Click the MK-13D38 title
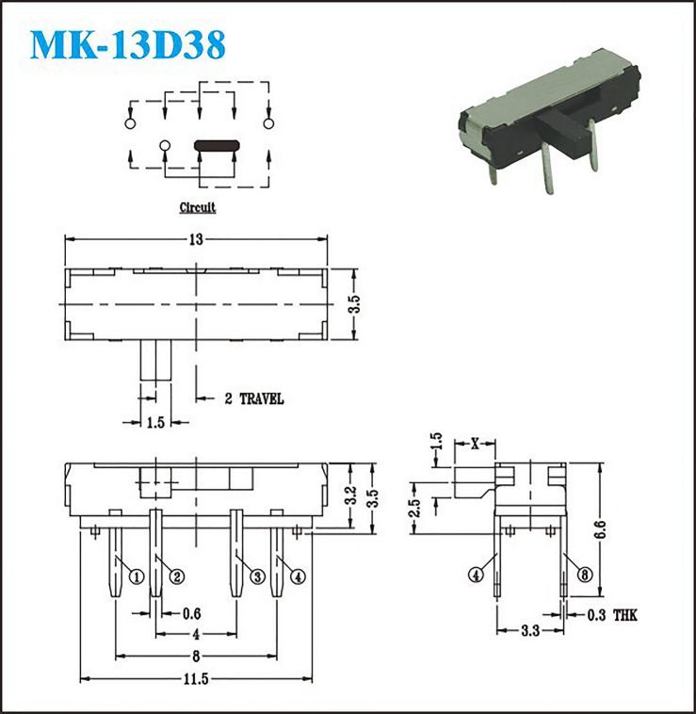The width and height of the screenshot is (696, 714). point(128,44)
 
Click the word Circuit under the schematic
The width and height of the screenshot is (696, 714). point(198,207)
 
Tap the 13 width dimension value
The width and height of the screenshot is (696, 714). point(196,239)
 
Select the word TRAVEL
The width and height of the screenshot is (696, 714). point(262,399)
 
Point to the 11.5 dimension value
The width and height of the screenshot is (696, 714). point(196,679)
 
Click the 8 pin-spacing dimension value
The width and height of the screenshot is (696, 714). point(196,657)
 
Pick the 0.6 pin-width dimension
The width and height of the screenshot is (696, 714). point(191,614)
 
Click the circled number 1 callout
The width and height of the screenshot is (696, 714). point(137,576)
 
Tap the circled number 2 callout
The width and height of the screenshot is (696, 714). point(177,576)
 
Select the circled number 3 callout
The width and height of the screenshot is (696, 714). point(257,576)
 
